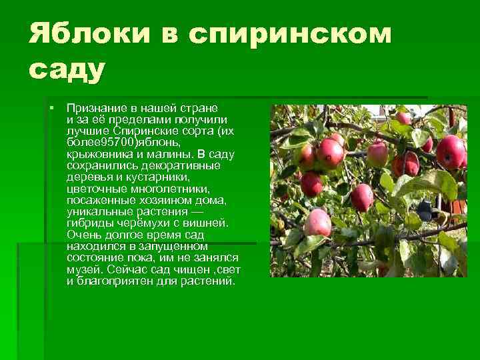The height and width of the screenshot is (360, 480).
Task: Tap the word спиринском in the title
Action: (x=290, y=34)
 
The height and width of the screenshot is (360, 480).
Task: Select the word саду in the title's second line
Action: (x=67, y=69)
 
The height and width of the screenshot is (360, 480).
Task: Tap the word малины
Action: (x=175, y=154)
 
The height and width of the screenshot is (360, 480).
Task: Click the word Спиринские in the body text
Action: (x=149, y=131)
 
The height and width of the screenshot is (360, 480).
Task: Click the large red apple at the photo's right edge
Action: (x=451, y=152)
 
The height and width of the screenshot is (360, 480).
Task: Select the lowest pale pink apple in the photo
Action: (x=318, y=223)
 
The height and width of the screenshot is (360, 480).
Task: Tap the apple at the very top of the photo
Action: (x=404, y=119)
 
